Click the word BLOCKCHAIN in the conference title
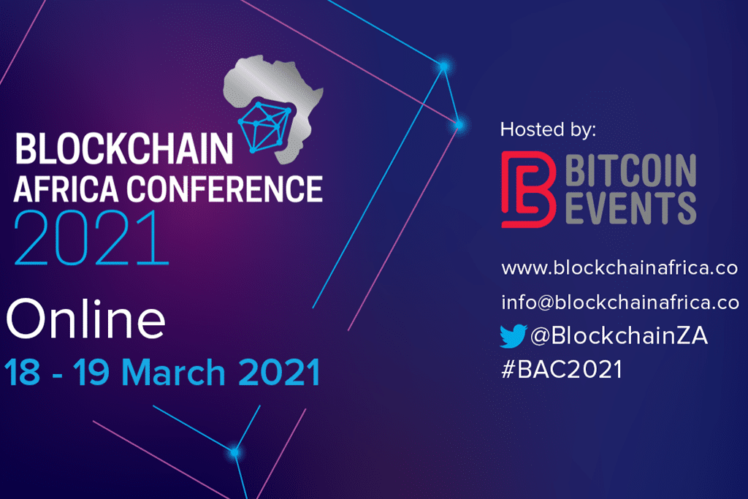123,149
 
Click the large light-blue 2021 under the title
90,237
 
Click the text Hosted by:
548,130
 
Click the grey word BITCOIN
630,170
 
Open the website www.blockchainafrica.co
619,268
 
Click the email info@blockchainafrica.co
620,301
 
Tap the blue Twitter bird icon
513,336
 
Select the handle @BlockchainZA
619,336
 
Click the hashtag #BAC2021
562,370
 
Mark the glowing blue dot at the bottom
235,452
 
